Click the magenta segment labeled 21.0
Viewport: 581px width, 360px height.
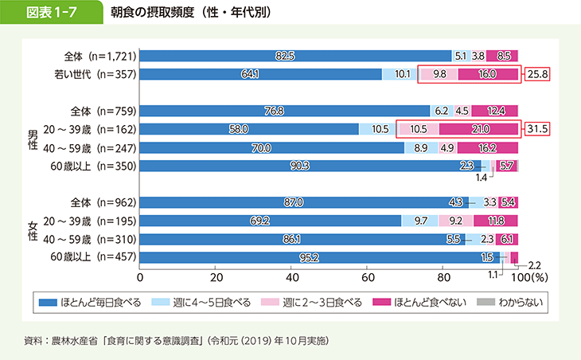pos(478,129)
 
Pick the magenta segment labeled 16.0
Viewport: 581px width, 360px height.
pos(488,75)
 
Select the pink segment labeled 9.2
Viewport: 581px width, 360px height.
pos(456,221)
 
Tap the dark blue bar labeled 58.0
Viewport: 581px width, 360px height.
pos(249,129)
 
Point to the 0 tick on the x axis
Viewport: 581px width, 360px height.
pos(140,277)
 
